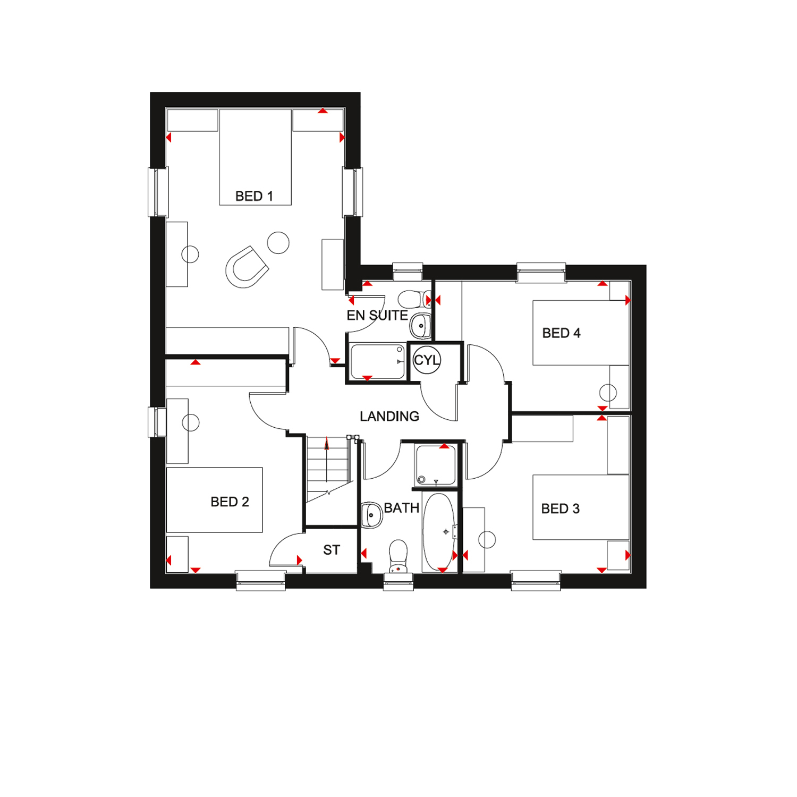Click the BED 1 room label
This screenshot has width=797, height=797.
[254, 196]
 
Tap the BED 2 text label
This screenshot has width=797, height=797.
[230, 502]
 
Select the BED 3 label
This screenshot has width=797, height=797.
[560, 508]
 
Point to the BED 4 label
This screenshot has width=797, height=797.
[561, 333]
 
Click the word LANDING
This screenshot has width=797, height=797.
[389, 416]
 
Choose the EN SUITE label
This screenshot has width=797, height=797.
[377, 315]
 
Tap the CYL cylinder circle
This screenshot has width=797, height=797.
[427, 360]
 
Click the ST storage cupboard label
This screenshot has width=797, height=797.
[332, 550]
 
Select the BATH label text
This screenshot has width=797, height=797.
[402, 508]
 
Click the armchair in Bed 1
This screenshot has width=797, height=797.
[247, 267]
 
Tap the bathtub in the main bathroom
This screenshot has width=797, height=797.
[439, 532]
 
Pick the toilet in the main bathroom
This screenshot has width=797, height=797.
[398, 556]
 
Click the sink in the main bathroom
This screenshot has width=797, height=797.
[372, 515]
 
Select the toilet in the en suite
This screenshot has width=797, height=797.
[415, 299]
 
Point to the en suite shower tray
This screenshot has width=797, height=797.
[377, 361]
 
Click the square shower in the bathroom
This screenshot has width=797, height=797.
[436, 465]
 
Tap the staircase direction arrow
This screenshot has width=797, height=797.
[327, 444]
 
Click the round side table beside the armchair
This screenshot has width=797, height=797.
[278, 243]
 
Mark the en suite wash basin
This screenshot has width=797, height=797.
[420, 326]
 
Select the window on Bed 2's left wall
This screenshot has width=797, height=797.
[157, 422]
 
